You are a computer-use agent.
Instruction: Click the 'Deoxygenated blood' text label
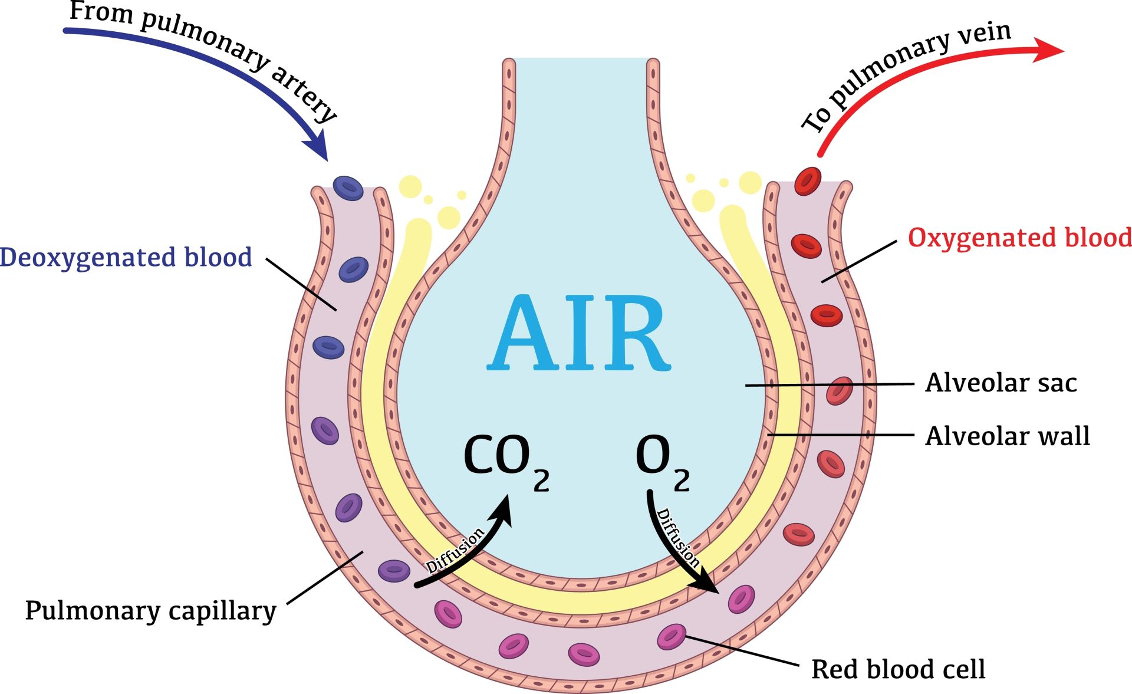(x=126, y=258)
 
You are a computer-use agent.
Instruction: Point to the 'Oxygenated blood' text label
(x=1019, y=238)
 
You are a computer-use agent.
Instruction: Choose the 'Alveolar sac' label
(x=1001, y=383)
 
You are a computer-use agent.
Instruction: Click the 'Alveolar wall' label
(x=1007, y=436)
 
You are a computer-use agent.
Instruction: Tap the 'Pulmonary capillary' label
(x=150, y=611)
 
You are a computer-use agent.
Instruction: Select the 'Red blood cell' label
(x=898, y=669)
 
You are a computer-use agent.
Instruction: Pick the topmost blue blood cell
(x=348, y=188)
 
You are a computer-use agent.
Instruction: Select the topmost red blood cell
(x=807, y=181)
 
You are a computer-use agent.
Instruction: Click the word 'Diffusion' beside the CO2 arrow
(x=455, y=551)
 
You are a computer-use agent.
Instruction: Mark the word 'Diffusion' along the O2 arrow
(x=678, y=538)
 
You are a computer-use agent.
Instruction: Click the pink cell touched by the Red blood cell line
(x=671, y=637)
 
